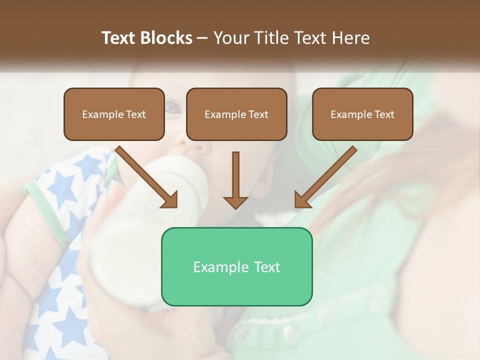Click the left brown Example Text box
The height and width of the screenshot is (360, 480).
click(114, 114)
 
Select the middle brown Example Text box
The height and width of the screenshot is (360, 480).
click(236, 114)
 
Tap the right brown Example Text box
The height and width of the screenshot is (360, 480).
click(362, 114)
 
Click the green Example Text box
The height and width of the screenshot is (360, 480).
click(236, 266)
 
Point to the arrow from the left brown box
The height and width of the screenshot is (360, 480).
click(145, 175)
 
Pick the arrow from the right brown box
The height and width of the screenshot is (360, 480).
click(327, 175)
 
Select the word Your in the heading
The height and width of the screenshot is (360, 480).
click(231, 38)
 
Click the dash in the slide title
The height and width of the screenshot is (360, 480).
click(202, 38)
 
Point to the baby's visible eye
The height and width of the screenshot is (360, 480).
click(173, 106)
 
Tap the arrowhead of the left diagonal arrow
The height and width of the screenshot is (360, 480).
click(170, 200)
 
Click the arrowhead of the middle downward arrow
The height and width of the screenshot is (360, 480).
click(235, 202)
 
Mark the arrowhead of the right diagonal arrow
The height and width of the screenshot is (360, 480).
click(302, 200)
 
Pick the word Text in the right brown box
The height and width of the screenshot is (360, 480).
click(384, 114)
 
